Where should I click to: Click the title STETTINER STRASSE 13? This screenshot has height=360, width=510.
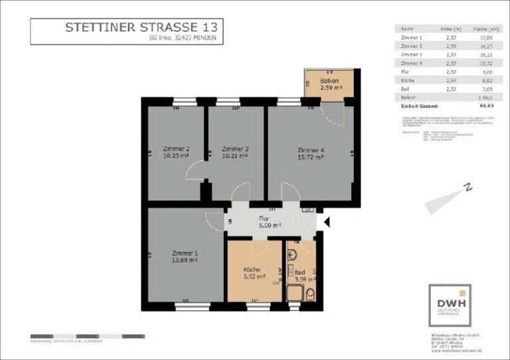pyautogui.click(x=140, y=28)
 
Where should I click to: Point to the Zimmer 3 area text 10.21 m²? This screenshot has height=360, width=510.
pyautogui.click(x=235, y=156)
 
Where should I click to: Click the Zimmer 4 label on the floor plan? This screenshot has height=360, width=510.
pyautogui.click(x=310, y=149)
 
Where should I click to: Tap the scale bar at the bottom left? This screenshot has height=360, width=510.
pyautogui.click(x=67, y=336)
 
